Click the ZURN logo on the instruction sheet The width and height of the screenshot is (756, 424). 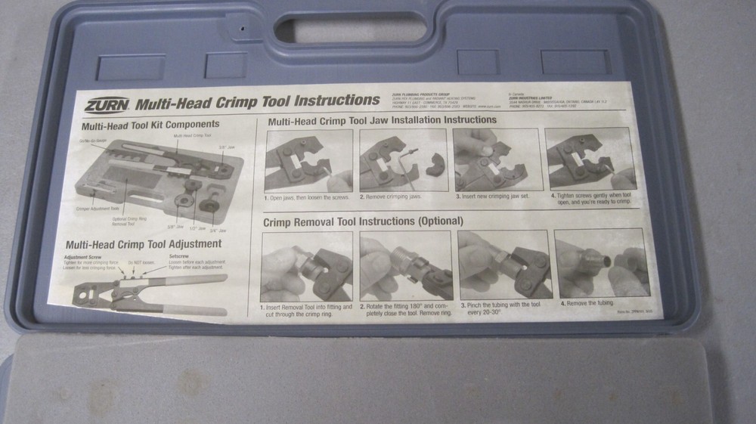(x=107, y=105)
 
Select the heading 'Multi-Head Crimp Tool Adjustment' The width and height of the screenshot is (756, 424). (x=144, y=244)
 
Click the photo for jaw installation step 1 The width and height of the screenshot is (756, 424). (x=308, y=161)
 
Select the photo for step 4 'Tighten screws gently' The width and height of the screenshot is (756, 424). (x=590, y=159)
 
